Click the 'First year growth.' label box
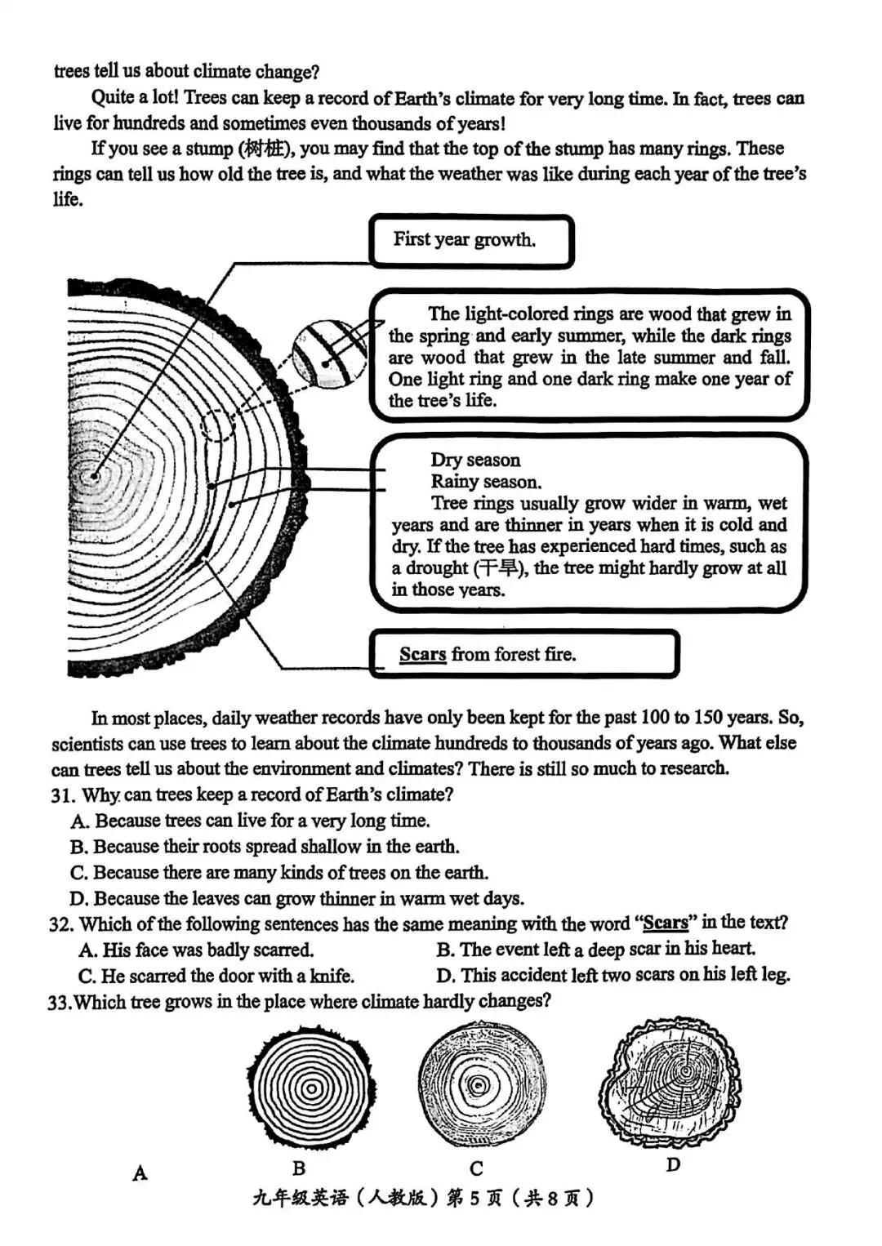click(x=471, y=241)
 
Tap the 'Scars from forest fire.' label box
click(x=523, y=654)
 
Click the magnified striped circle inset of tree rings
click(x=329, y=354)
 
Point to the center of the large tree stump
click(x=95, y=475)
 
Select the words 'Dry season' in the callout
click(x=475, y=460)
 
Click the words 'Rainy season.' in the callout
click(x=486, y=482)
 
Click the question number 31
click(x=62, y=794)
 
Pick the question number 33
click(x=59, y=1002)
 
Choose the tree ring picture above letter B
click(x=310, y=1088)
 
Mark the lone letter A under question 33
click(x=140, y=1173)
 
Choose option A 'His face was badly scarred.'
click(x=196, y=950)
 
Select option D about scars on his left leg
click(x=613, y=975)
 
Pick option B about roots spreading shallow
click(x=265, y=847)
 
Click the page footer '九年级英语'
click(x=301, y=1198)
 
